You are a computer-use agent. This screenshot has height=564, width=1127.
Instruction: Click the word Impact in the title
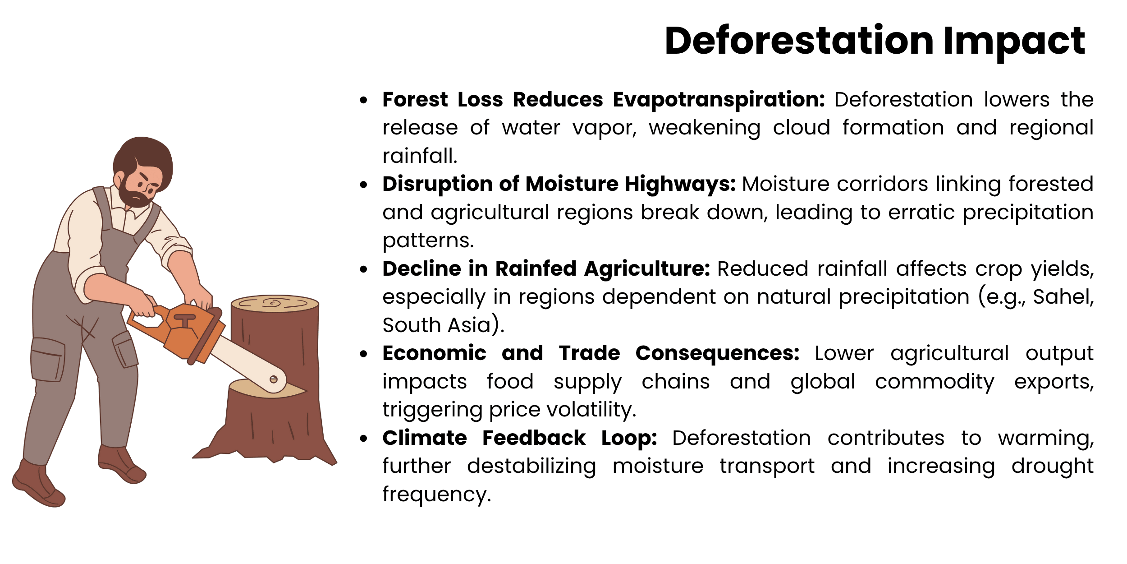point(1014,42)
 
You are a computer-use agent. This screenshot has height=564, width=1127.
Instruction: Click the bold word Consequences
point(717,353)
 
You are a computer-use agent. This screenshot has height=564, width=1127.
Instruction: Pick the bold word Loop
point(629,438)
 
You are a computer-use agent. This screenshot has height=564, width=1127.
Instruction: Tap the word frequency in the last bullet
point(436,495)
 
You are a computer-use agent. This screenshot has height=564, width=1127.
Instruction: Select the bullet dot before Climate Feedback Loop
point(364,439)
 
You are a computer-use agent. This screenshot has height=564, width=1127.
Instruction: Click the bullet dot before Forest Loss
point(364,100)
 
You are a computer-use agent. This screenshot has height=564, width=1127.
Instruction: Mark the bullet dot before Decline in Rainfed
point(364,269)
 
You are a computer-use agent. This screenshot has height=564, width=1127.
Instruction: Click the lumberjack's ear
point(120,178)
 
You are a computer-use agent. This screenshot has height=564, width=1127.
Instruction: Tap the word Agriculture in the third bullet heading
point(647,269)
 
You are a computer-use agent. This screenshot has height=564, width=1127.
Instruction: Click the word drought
point(1052,466)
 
